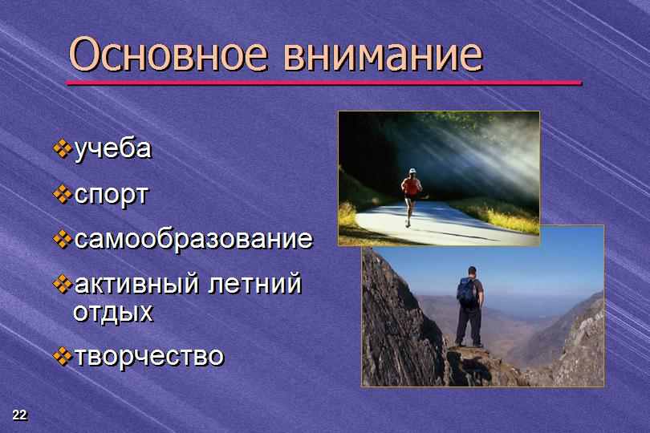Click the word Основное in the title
[x=168, y=54]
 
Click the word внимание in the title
[x=384, y=55]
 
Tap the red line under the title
[x=324, y=83]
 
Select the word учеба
[x=113, y=149]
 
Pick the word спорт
[x=111, y=196]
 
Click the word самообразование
[x=193, y=239]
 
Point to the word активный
[x=136, y=284]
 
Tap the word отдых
[x=113, y=313]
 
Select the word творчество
[x=149, y=356]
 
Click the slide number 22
[x=19, y=415]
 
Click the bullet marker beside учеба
[x=63, y=149]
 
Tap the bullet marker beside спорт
[x=63, y=194]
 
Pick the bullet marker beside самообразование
[x=63, y=239]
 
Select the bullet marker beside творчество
[x=63, y=356]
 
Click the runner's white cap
[x=412, y=171]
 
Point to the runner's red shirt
[x=411, y=187]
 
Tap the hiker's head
[x=473, y=271]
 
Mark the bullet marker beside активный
[x=63, y=284]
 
